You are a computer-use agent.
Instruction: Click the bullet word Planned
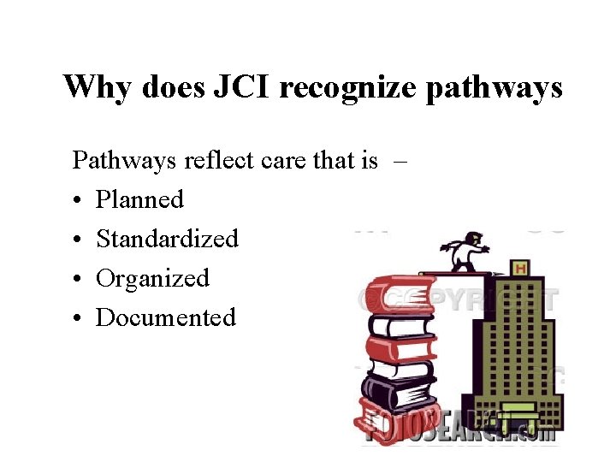[x=139, y=199]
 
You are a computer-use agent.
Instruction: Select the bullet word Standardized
[x=167, y=239]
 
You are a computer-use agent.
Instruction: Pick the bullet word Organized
[x=152, y=278]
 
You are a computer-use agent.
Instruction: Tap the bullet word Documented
[x=165, y=317]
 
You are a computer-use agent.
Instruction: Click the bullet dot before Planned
[x=77, y=201]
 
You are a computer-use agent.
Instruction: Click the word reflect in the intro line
[x=217, y=160]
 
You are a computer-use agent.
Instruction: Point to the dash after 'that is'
[x=399, y=160]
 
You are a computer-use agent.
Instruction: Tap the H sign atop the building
[x=519, y=269]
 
